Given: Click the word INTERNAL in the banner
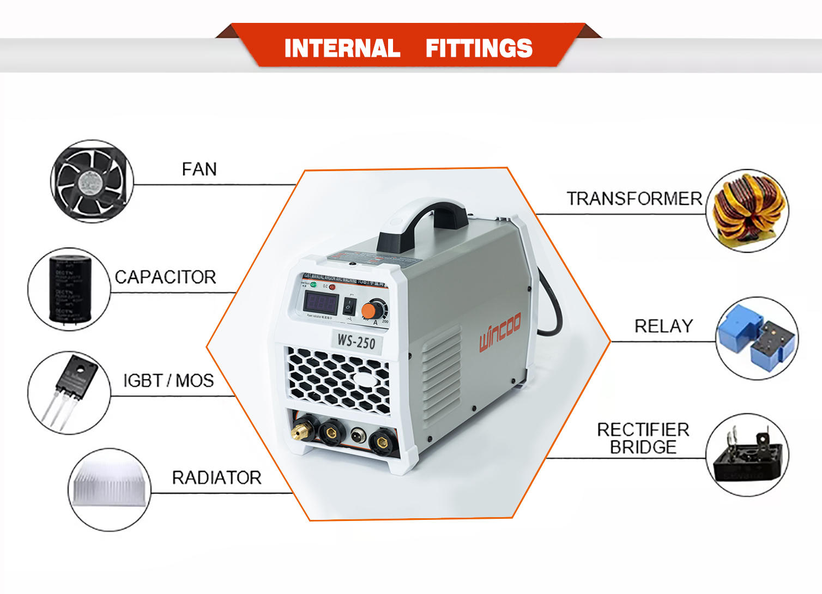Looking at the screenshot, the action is coord(342,49).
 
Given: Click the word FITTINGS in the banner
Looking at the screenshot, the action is coord(479,49).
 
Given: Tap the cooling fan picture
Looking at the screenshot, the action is coord(91,181).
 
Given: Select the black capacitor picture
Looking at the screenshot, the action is coord(69,289).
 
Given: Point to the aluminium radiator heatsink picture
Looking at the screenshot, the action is coord(110,489).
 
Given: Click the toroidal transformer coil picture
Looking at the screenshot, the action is coord(748,211).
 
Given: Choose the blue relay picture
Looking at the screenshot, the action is coord(757,339).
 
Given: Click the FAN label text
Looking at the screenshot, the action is coord(199,169).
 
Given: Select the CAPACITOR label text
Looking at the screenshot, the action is coord(165,277).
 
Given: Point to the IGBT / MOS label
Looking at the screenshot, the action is coord(168,380).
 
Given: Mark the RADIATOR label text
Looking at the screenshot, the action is coord(216,477).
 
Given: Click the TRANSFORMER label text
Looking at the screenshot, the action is coord(634,198).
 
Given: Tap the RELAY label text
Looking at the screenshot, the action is coord(663,326).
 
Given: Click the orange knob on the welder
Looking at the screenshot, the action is coord(369,311).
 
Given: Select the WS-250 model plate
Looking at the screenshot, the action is coord(356,341).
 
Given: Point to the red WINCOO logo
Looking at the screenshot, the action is coord(500,332).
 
